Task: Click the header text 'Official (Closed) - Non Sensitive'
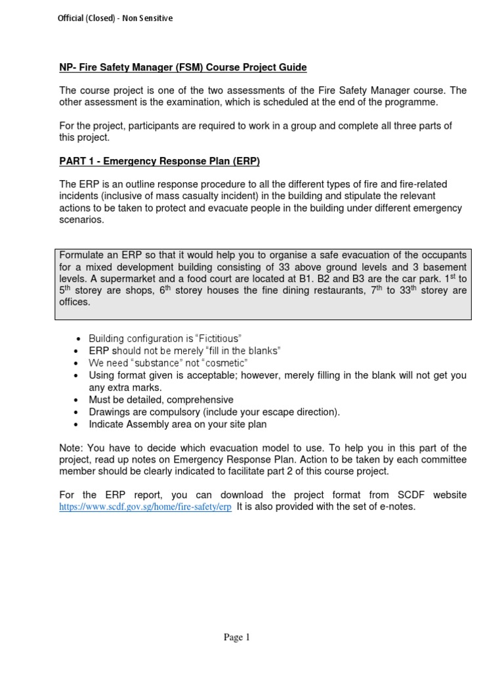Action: click(116, 18)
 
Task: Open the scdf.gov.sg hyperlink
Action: click(145, 507)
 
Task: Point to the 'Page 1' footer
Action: click(238, 637)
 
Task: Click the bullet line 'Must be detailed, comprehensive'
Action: click(161, 400)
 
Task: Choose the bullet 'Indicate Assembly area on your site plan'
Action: click(178, 425)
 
